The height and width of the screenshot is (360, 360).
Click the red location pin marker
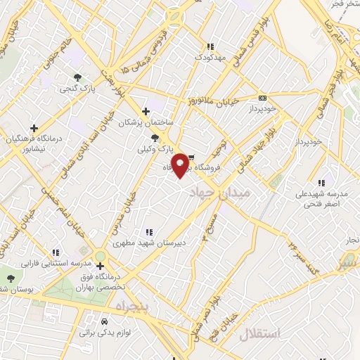pyautogui.click(x=181, y=165)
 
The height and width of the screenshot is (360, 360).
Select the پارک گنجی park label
pyautogui.click(x=77, y=89)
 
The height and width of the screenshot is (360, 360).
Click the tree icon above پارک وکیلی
pyautogui.click(x=155, y=137)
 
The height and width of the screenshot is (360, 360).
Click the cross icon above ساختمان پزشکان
pyautogui.click(x=146, y=111)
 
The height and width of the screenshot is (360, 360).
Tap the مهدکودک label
pyautogui.click(x=210, y=56)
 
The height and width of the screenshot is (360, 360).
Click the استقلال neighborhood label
pyautogui.click(x=260, y=333)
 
